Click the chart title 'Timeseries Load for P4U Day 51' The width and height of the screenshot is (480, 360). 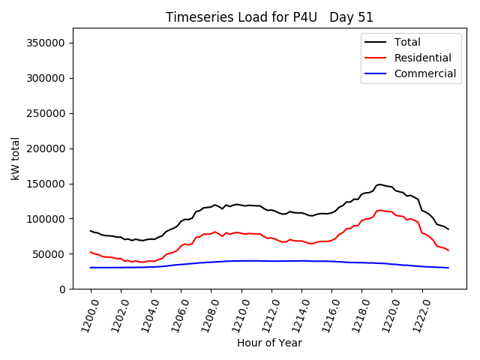click(269, 17)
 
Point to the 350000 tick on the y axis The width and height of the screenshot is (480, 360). click(45, 43)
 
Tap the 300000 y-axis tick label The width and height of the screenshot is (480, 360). click(45, 78)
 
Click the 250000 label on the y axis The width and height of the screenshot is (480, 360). click(45, 113)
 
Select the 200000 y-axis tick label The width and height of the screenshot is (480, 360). click(45, 148)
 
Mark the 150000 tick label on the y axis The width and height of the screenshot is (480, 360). click(45, 184)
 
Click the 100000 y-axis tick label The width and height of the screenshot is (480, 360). click(45, 219)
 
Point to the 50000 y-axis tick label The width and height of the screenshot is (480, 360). click(48, 254)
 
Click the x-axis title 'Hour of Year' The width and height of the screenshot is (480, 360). click(269, 343)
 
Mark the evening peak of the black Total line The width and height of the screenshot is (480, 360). click(380, 184)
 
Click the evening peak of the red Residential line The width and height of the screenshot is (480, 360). click(380, 210)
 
